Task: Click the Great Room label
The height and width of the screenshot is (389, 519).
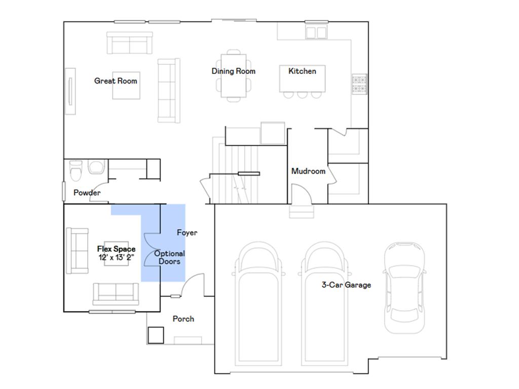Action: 116,81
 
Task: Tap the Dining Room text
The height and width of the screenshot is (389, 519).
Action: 233,71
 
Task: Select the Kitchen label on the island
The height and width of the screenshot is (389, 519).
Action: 302,71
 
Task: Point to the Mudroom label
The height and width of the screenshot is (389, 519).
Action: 308,171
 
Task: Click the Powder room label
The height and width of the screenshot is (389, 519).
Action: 87,193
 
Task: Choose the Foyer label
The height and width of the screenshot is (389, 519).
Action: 187,233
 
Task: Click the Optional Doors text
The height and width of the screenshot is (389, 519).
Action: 169,257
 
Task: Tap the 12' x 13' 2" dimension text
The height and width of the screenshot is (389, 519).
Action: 116,257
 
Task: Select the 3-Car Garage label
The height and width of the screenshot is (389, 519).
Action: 346,285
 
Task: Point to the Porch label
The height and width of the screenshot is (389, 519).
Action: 183,319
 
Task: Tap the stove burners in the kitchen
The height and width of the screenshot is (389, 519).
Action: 359,85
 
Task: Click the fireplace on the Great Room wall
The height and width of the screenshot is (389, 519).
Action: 70,91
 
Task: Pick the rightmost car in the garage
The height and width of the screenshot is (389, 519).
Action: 404,287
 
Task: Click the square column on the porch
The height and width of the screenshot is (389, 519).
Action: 156,334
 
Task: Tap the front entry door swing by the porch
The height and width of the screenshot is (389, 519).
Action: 192,287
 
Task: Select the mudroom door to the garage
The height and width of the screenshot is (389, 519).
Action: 302,195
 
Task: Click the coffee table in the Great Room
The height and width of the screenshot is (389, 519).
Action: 126,85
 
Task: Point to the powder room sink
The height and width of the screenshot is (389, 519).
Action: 96,167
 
